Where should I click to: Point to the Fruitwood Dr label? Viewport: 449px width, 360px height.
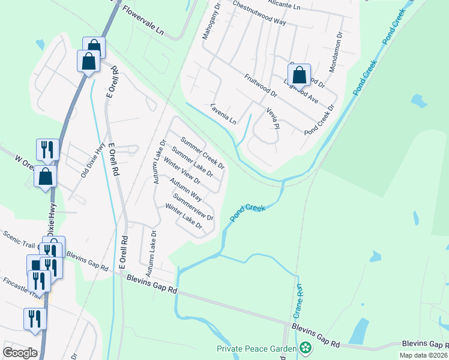pyautogui.click(x=261, y=86)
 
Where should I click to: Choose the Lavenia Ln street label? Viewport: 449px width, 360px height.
pyautogui.click(x=223, y=113)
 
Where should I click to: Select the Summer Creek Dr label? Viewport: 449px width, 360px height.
pyautogui.click(x=202, y=154)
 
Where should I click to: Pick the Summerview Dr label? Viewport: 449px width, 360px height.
pyautogui.click(x=193, y=206)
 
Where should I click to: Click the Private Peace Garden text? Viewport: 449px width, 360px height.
pyautogui.click(x=257, y=348)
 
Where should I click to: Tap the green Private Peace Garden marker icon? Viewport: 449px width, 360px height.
pyautogui.click(x=306, y=348)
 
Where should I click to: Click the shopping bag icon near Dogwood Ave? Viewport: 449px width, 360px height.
pyautogui.click(x=299, y=76)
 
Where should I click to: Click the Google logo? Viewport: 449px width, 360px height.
pyautogui.click(x=20, y=352)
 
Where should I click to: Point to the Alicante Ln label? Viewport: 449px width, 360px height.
pyautogui.click(x=283, y=5)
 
